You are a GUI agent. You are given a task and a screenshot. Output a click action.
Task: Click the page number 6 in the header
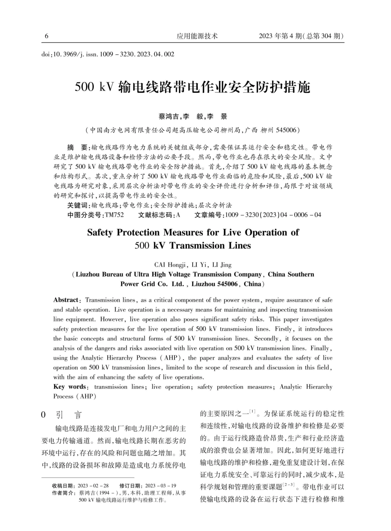(x=47, y=36)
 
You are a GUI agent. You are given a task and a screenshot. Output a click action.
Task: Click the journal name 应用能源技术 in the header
(x=197, y=36)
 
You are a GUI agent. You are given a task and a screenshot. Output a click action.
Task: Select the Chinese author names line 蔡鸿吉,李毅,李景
(x=193, y=117)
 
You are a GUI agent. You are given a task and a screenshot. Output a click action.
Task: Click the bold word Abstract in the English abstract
(x=66, y=300)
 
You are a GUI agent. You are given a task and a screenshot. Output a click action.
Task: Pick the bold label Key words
(x=70, y=387)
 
